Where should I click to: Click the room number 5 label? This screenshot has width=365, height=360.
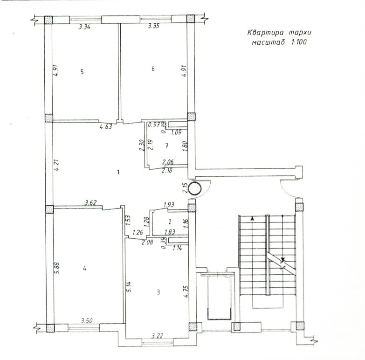tap(82, 71)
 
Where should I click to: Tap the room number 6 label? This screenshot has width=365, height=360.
tap(153, 69)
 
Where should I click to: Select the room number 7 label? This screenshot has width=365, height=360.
tap(166, 146)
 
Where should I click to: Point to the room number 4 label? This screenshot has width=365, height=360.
tap(85, 269)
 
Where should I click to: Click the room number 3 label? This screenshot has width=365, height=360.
tap(158, 292)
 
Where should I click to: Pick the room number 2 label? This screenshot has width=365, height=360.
tap(170, 222)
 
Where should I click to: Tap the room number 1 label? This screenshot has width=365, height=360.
tap(118, 172)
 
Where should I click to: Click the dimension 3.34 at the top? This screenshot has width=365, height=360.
tap(84, 27)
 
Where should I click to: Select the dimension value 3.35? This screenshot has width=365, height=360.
tap(154, 26)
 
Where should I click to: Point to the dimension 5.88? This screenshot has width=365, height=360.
tap(56, 268)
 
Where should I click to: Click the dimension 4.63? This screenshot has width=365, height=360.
tap(106, 127)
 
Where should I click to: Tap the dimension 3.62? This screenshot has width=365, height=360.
tap(90, 202)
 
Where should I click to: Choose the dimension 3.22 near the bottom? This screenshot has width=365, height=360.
tap(158, 336)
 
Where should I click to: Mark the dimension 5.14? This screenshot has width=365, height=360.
tap(129, 287)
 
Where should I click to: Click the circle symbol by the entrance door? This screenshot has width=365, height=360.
tap(194, 188)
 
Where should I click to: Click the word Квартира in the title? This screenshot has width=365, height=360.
tap(265, 32)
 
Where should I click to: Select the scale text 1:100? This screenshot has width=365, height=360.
tap(298, 42)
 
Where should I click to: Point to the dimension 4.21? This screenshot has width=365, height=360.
tap(56, 165)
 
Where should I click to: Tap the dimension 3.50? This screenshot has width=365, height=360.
tap(87, 321)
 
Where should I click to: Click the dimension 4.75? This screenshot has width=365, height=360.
tap(186, 292)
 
